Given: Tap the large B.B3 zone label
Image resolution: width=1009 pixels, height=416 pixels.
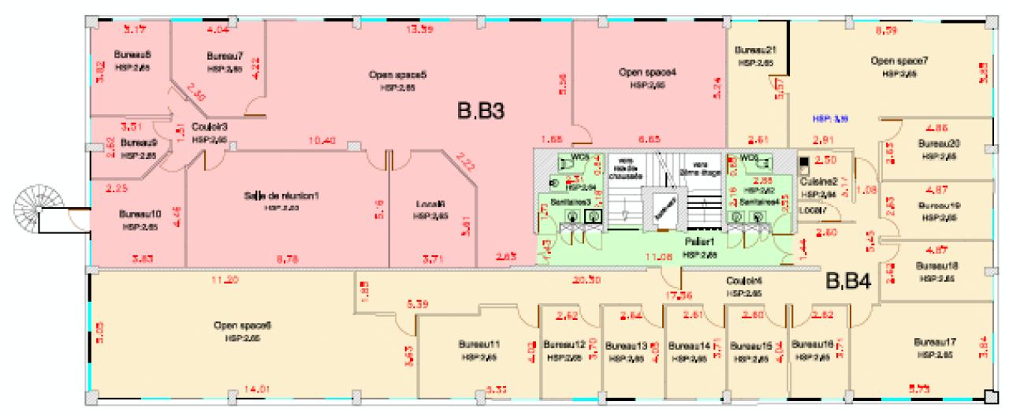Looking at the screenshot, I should click(481, 112).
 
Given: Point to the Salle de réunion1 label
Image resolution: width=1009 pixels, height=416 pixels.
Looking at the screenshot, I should click(281, 195).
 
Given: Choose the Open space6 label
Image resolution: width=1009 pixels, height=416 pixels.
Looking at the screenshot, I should click(237, 325).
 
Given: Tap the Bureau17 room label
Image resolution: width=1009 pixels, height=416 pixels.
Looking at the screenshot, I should click(935, 342).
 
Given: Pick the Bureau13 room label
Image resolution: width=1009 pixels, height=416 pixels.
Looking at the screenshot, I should click(627, 345).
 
